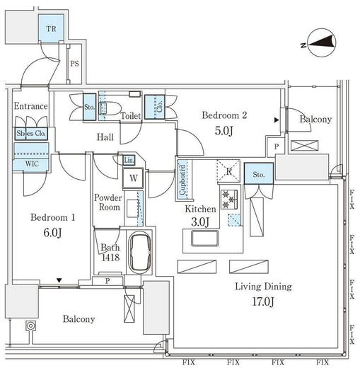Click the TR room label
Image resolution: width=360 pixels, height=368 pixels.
(51, 29)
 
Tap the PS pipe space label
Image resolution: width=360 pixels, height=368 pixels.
(75, 64)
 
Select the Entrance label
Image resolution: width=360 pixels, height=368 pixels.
(30, 106)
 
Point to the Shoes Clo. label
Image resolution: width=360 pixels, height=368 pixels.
(31, 133)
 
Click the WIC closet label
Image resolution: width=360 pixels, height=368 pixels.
(32, 163)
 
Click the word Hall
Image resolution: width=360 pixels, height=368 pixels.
(105, 137)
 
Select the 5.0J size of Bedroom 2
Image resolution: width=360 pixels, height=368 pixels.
(224, 131)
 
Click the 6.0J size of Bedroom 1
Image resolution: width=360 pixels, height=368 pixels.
(52, 233)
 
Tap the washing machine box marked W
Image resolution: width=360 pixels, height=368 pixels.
(133, 178)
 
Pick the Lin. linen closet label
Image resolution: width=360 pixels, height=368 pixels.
(129, 161)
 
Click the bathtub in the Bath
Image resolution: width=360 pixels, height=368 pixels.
(141, 252)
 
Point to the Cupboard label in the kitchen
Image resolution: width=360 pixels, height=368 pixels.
(182, 180)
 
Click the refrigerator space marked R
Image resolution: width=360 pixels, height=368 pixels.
(228, 171)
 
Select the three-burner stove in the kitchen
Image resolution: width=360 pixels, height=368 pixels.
(229, 200)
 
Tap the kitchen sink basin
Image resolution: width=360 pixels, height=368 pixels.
(205, 238)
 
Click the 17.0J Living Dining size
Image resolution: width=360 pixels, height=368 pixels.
(263, 301)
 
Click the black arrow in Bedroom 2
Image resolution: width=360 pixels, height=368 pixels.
(277, 120)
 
